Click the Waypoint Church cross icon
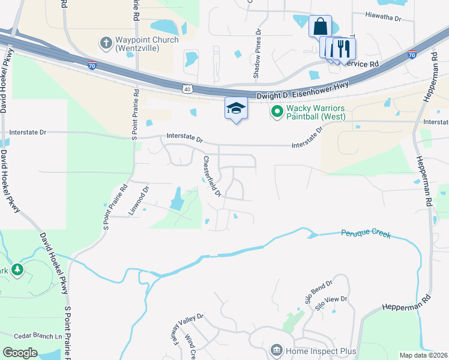(x=106, y=43)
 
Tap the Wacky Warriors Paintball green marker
(x=277, y=111)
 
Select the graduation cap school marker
(x=236, y=109)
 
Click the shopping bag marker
(x=320, y=27)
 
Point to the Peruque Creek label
(x=366, y=233)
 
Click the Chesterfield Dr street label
(x=212, y=177)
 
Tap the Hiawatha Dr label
(x=382, y=18)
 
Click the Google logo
(x=20, y=352)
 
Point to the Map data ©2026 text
(x=423, y=355)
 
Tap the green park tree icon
(x=17, y=270)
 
